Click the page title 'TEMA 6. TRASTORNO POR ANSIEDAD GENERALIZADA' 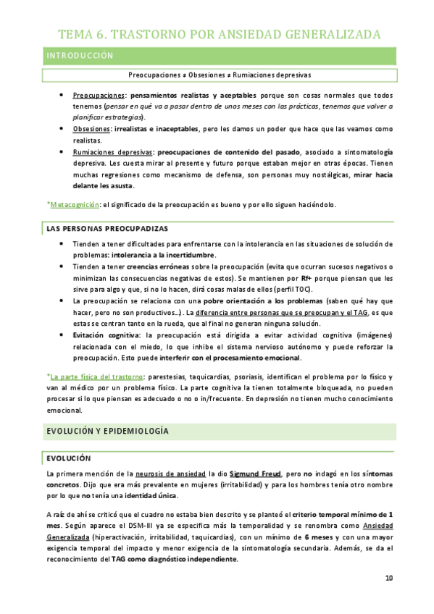click(219, 34)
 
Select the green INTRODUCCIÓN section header click(80, 56)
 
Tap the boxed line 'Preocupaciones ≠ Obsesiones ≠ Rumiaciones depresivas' click(219, 75)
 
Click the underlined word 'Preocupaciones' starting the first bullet click(98, 96)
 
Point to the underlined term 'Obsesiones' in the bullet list click(91, 129)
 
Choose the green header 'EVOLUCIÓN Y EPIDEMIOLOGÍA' click(108, 431)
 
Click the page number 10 click(388, 578)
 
